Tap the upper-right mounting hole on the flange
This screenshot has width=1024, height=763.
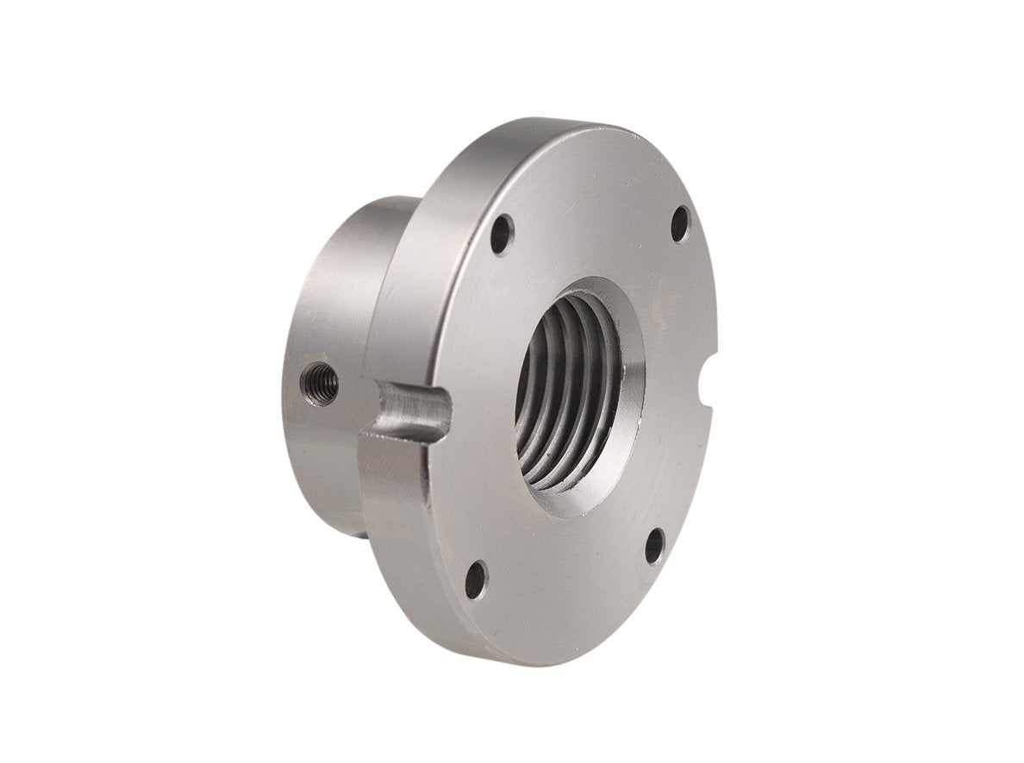680,223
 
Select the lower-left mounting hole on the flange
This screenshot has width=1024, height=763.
476,579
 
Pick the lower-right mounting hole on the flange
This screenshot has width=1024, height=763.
655,545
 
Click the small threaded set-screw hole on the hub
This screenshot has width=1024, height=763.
320,384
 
